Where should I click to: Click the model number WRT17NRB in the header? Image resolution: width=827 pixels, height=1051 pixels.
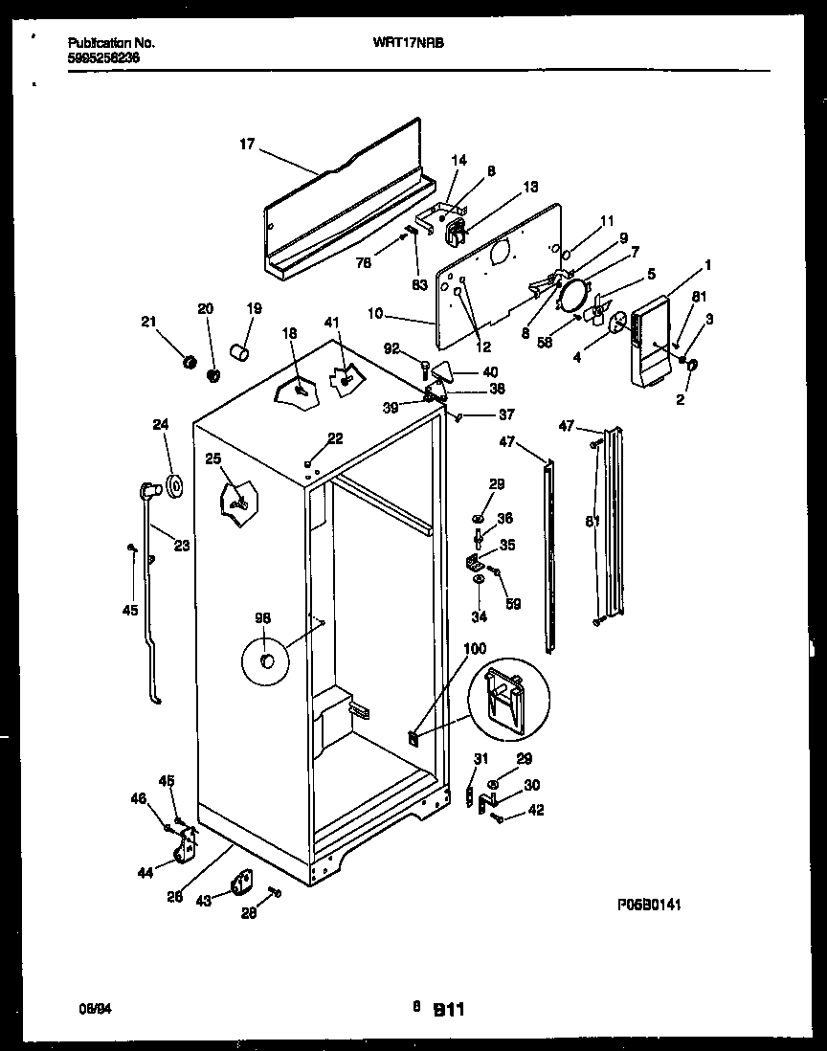(414, 43)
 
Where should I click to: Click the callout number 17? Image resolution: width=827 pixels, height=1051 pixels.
(247, 145)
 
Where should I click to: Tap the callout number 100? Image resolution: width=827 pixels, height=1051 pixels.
(474, 649)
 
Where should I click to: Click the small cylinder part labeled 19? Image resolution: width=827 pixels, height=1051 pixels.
(240, 354)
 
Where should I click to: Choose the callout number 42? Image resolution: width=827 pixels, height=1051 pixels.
(536, 811)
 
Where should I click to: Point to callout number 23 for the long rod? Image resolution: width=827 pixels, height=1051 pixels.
(182, 547)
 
